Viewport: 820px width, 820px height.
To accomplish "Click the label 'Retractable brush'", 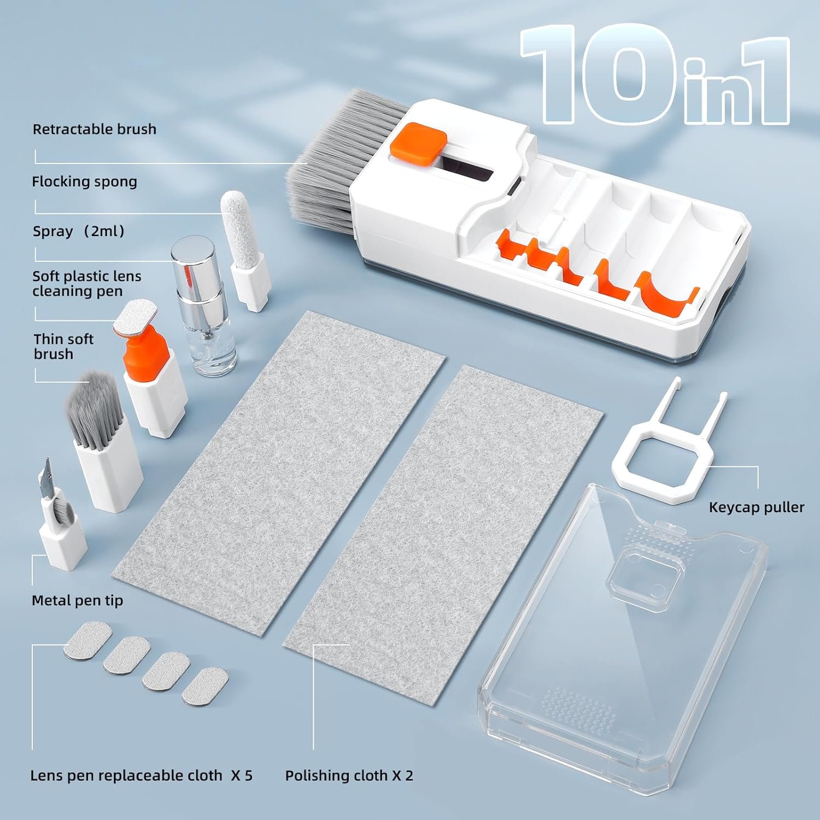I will [x=95, y=130].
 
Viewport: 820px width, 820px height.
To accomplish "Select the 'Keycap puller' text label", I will [x=756, y=507].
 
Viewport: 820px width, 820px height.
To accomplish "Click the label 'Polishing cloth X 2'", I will [x=349, y=775].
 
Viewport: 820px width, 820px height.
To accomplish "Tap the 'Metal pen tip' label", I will [x=77, y=600].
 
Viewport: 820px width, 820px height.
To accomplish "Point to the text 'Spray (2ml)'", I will [x=79, y=231].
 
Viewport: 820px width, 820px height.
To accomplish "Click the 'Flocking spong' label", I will [x=84, y=181].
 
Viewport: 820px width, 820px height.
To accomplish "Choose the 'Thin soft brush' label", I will [x=63, y=347].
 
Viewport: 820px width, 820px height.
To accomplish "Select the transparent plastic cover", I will [x=623, y=629].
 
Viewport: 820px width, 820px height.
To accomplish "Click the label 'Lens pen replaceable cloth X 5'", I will [x=141, y=775].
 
